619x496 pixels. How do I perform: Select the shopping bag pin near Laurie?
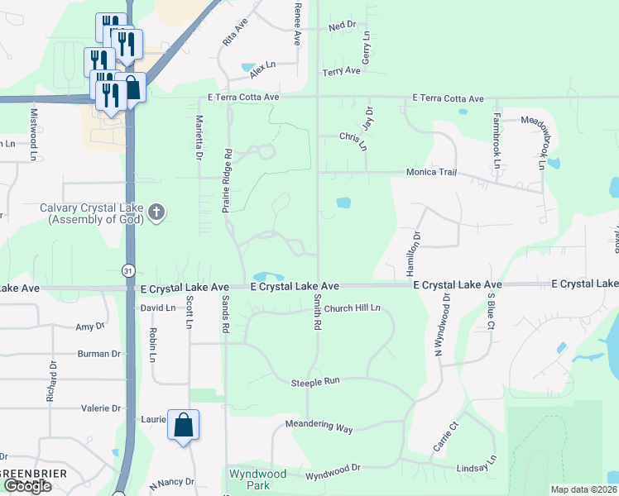(184, 427)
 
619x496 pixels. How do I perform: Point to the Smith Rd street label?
(316, 314)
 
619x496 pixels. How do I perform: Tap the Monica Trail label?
(431, 172)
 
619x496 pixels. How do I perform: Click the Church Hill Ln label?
(352, 308)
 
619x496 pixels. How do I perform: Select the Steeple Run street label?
(315, 382)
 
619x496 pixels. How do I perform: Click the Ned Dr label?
(341, 26)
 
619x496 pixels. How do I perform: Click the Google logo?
(26, 486)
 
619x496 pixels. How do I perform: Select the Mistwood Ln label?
(34, 133)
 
